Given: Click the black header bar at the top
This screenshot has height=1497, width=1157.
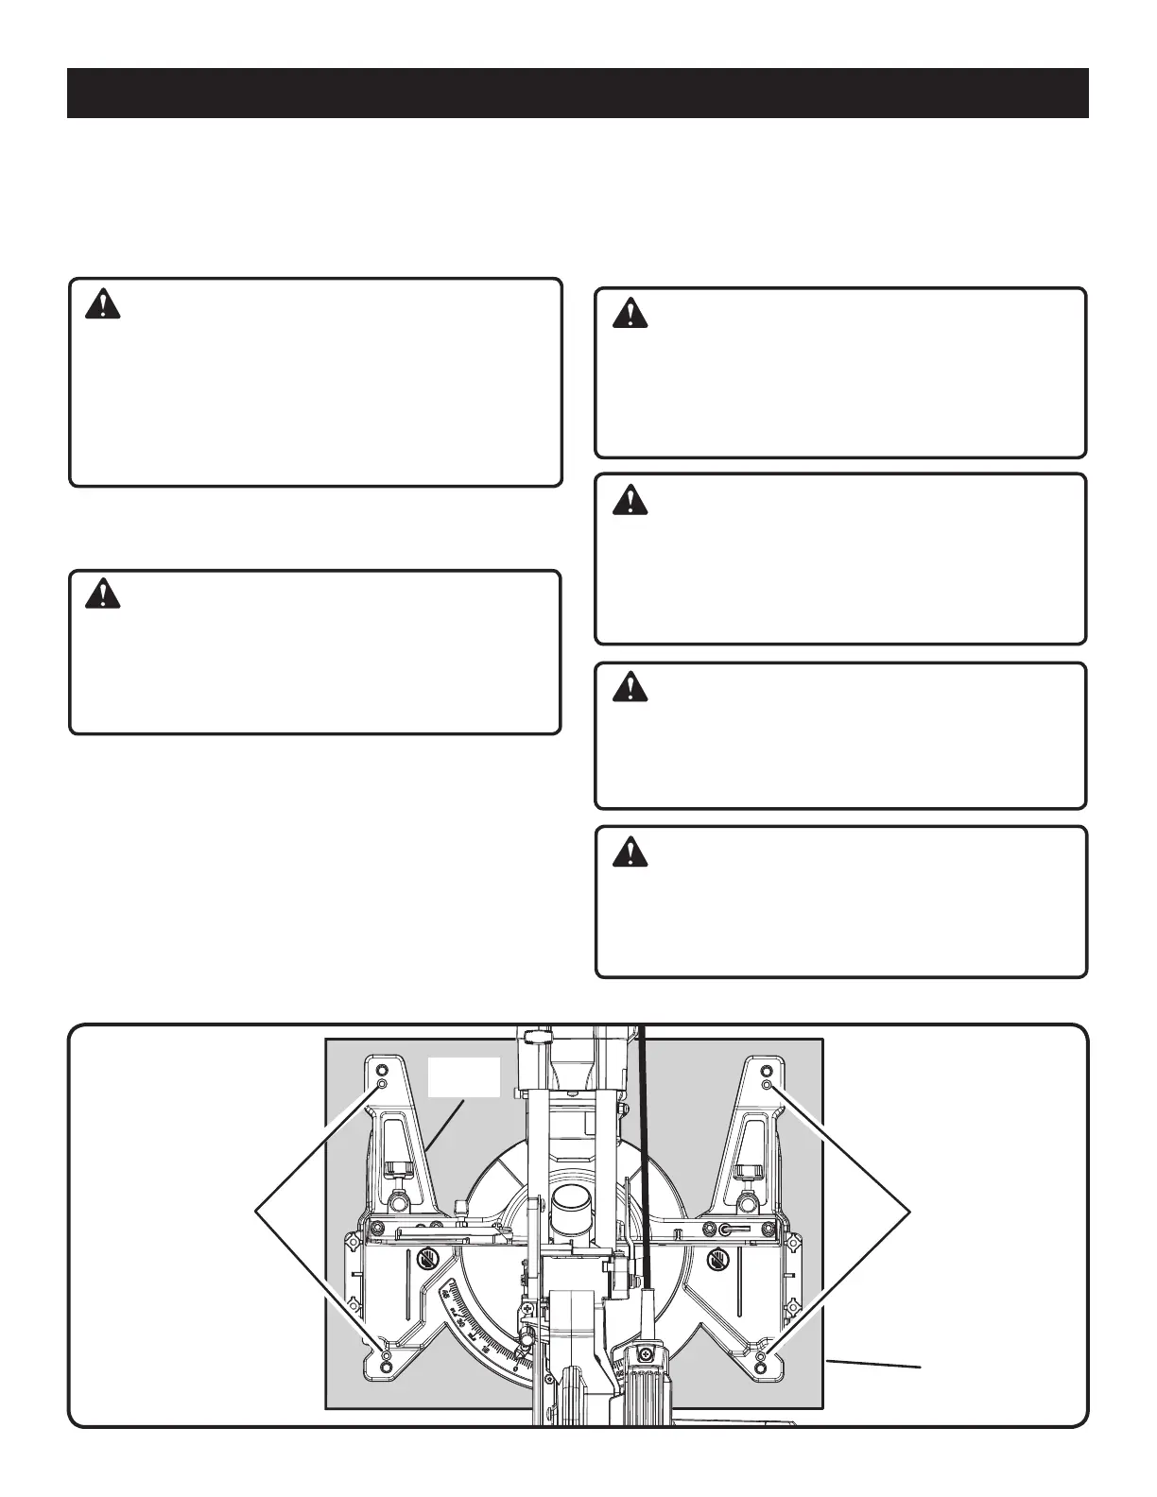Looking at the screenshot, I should tap(578, 93).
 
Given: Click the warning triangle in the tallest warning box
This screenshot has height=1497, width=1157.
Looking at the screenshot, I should tap(102, 304).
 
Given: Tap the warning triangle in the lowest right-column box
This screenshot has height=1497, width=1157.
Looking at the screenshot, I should tap(630, 853).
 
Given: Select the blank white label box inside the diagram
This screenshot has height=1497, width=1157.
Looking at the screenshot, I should tap(464, 1077).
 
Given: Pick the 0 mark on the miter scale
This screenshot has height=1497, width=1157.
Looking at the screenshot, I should tap(515, 1367).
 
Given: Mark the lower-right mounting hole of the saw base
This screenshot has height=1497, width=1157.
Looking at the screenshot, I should tap(762, 1368).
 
